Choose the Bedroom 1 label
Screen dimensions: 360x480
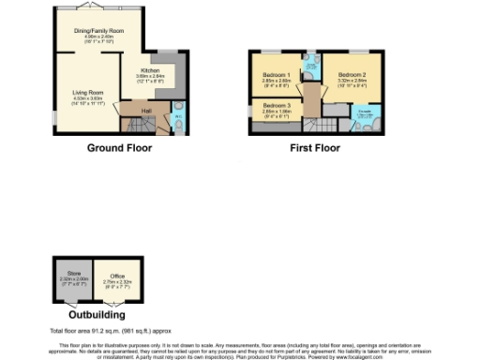click(276, 74)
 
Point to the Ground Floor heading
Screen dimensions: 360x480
click(120, 148)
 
